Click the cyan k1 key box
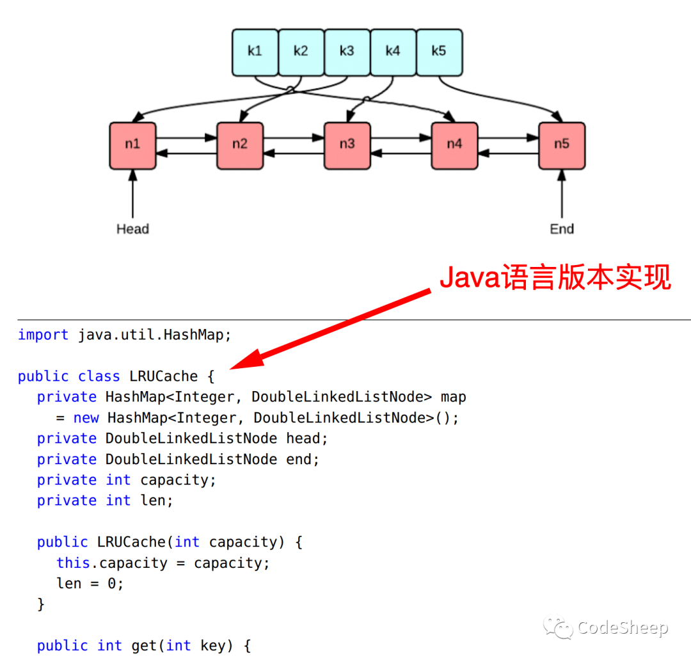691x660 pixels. [x=255, y=52]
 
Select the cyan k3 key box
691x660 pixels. [x=347, y=52]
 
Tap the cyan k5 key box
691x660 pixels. [x=439, y=52]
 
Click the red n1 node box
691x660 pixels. [x=132, y=145]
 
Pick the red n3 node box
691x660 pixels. [x=347, y=145]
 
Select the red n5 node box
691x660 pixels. [x=561, y=145]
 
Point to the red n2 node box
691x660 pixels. [x=240, y=145]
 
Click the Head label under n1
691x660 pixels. [x=132, y=229]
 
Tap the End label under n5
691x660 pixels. [x=562, y=229]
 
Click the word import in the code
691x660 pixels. [x=43, y=335]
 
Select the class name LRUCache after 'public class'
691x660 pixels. [x=163, y=376]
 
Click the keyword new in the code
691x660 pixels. [x=86, y=418]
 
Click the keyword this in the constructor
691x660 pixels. [x=73, y=563]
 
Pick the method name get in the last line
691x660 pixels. [x=145, y=646]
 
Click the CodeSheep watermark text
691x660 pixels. [x=622, y=628]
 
